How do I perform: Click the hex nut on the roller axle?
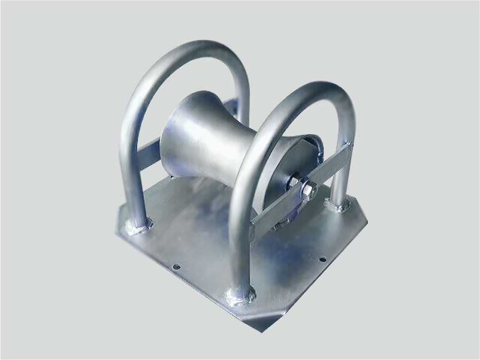click(307, 191)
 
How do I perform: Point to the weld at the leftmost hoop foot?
click(138, 226)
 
